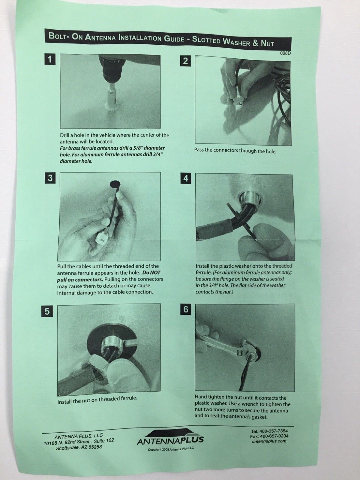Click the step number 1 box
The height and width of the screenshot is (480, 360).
coord(49,59)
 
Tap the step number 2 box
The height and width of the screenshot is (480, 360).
coord(185,61)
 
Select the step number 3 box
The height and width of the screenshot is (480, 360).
coord(50,178)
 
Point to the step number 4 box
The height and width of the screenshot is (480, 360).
coord(186,179)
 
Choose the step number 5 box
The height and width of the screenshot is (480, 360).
coord(47,311)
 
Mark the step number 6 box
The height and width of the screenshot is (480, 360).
coord(186,309)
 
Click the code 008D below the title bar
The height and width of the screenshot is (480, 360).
coord(286,53)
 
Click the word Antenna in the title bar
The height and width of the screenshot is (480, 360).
coord(100,37)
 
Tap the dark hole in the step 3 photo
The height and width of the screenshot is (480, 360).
coord(115,184)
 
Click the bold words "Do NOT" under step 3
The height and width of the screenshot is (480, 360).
coord(151,273)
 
